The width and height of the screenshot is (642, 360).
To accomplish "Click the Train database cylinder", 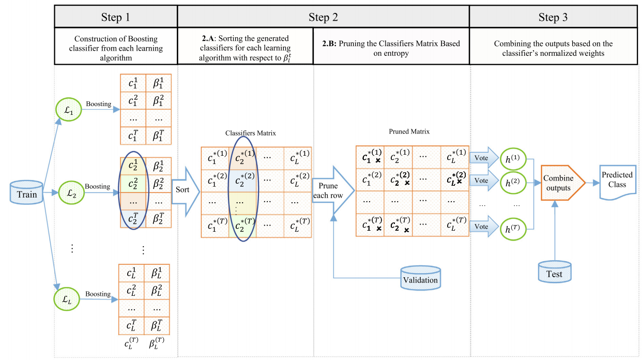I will [26, 193].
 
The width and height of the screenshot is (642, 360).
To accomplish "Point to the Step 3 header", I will [553, 17].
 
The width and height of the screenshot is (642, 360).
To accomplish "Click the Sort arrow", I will [184, 189].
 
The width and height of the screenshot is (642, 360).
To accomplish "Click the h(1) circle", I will [511, 158].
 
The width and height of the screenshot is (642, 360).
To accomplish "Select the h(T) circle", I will [511, 228].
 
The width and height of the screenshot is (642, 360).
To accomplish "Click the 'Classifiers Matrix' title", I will [250, 133].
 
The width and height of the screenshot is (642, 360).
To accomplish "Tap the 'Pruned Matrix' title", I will [409, 131].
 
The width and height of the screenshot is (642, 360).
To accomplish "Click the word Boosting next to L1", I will [98, 104].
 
